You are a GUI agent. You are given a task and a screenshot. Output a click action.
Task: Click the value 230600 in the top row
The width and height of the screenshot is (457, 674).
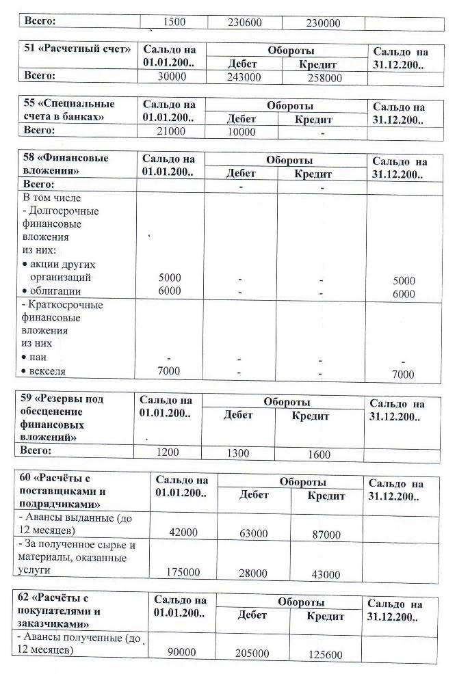244,23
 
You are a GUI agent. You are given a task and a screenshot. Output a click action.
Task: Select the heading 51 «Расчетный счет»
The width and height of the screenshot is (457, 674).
77,49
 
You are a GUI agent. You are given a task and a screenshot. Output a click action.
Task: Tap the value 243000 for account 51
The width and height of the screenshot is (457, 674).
243,77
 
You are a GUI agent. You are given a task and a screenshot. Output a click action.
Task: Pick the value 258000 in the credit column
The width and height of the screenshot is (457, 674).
324,78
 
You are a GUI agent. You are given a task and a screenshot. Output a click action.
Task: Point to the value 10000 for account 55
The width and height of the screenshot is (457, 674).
241,131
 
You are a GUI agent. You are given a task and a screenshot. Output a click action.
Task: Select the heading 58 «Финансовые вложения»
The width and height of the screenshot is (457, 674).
66,163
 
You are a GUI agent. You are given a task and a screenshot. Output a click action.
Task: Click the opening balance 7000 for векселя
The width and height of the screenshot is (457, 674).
169,371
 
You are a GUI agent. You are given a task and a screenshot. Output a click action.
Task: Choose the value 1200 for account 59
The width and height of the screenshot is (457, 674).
167,453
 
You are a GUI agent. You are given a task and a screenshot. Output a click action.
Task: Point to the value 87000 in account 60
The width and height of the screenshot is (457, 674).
326,534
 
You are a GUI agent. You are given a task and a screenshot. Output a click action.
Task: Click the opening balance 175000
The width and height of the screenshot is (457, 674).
183,572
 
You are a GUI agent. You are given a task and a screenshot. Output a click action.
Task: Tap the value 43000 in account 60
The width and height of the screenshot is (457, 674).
326,574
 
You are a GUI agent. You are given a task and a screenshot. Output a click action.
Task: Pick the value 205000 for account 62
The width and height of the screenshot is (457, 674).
252,653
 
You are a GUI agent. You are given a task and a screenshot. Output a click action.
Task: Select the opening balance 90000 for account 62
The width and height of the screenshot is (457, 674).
182,652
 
